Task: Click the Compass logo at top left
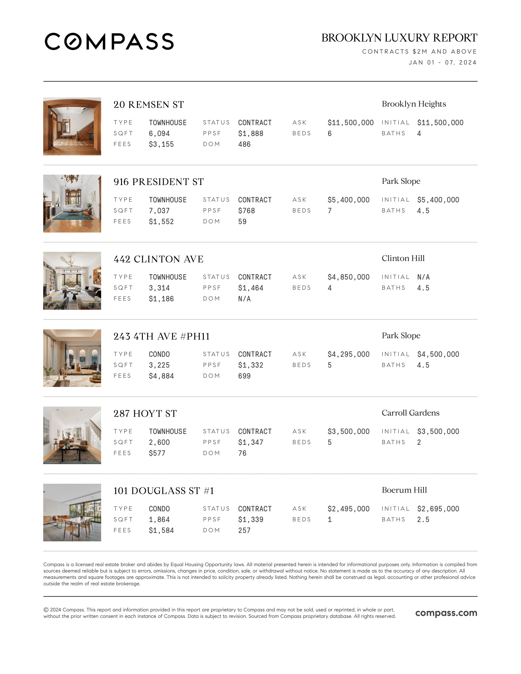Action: pyautogui.click(x=109, y=41)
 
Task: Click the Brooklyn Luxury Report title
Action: pyautogui.click(x=399, y=38)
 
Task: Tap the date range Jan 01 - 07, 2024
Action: pyautogui.click(x=443, y=62)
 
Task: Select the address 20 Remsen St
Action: pyautogui.click(x=148, y=104)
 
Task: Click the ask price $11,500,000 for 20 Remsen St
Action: pyautogui.click(x=350, y=123)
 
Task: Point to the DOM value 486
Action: pyautogui.click(x=244, y=144)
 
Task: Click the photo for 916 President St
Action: pyautogui.click(x=72, y=203)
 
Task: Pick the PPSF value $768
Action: pyautogui.click(x=246, y=211)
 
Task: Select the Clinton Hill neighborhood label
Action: pyautogui.click(x=403, y=258)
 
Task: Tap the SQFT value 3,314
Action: pyautogui.click(x=159, y=288)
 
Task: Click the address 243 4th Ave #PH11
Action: pyautogui.click(x=162, y=336)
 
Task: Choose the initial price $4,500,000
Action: pyautogui.click(x=438, y=354)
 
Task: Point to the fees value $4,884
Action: pyautogui.click(x=161, y=376)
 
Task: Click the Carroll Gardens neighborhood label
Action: pyautogui.click(x=410, y=413)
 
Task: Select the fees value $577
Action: pyautogui.click(x=157, y=453)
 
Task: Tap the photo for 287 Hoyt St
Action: pyautogui.click(x=72, y=435)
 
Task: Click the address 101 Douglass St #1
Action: pyautogui.click(x=164, y=491)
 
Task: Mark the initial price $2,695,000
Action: pyautogui.click(x=438, y=509)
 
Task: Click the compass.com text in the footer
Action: pyautogui.click(x=446, y=613)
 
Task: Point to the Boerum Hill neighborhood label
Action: pyautogui.click(x=404, y=490)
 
